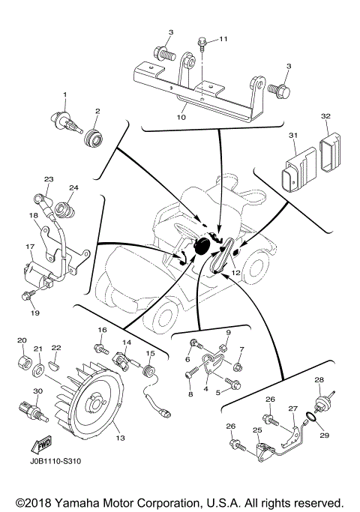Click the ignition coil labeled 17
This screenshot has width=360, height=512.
click(40, 274)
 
